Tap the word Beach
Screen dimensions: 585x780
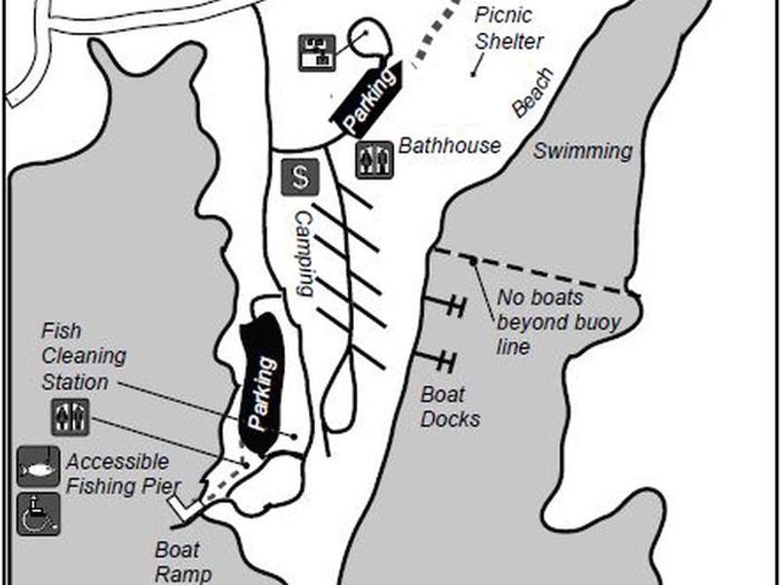(533, 95)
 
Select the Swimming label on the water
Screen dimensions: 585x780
(582, 151)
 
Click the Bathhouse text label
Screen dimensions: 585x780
(449, 146)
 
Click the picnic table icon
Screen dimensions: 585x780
(317, 51)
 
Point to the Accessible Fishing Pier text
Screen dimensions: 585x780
(117, 472)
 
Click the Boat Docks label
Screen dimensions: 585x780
(449, 407)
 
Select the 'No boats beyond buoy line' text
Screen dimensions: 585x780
(559, 321)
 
